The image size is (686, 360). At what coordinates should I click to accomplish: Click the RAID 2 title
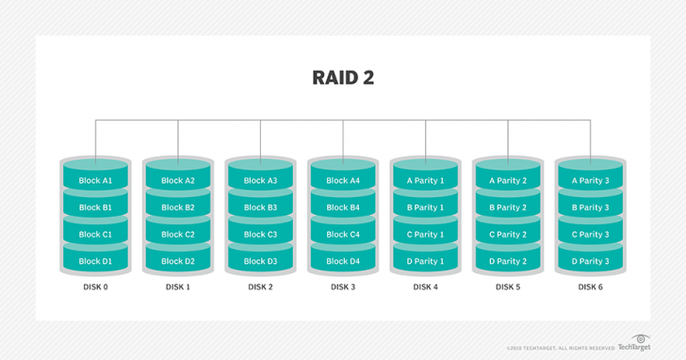click(343, 77)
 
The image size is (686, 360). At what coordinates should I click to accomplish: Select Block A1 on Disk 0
click(95, 181)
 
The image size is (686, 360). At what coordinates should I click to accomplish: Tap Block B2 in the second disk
click(178, 207)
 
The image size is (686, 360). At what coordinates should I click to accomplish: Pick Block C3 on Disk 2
click(260, 235)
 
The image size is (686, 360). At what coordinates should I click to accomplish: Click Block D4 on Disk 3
click(343, 261)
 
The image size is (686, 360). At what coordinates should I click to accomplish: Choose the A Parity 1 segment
click(425, 181)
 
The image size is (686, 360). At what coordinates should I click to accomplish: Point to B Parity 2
click(508, 207)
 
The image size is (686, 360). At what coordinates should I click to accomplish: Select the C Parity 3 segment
click(590, 235)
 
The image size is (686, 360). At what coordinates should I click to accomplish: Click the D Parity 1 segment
click(425, 261)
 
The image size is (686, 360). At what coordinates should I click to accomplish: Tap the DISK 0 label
click(95, 286)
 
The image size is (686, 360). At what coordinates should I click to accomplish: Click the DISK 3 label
click(343, 286)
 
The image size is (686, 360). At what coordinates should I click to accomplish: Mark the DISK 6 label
click(590, 286)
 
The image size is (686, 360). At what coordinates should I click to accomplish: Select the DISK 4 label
click(425, 286)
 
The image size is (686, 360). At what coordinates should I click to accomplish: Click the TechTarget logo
click(638, 344)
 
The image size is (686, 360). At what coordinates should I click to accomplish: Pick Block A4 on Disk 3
click(343, 181)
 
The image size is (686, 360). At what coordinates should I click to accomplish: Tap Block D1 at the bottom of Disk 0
click(95, 261)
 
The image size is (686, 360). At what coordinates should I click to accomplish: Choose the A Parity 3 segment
click(590, 181)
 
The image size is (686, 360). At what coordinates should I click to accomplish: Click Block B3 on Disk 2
click(260, 207)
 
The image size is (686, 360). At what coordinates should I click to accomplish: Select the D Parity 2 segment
click(508, 261)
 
